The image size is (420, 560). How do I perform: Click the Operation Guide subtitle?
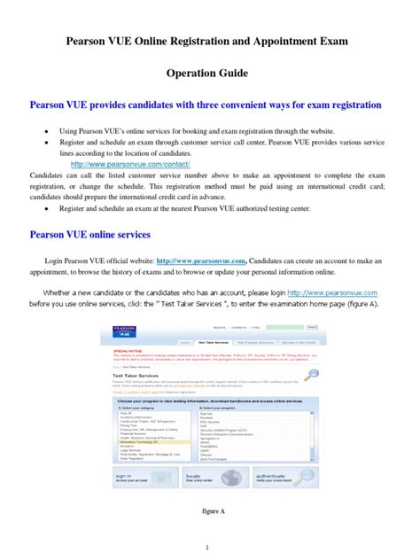click(x=209, y=74)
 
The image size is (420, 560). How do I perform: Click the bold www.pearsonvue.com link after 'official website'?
click(x=201, y=261)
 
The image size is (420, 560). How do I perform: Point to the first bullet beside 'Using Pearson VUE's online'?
click(x=46, y=129)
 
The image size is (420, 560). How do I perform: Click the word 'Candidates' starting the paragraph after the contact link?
click(x=51, y=176)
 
